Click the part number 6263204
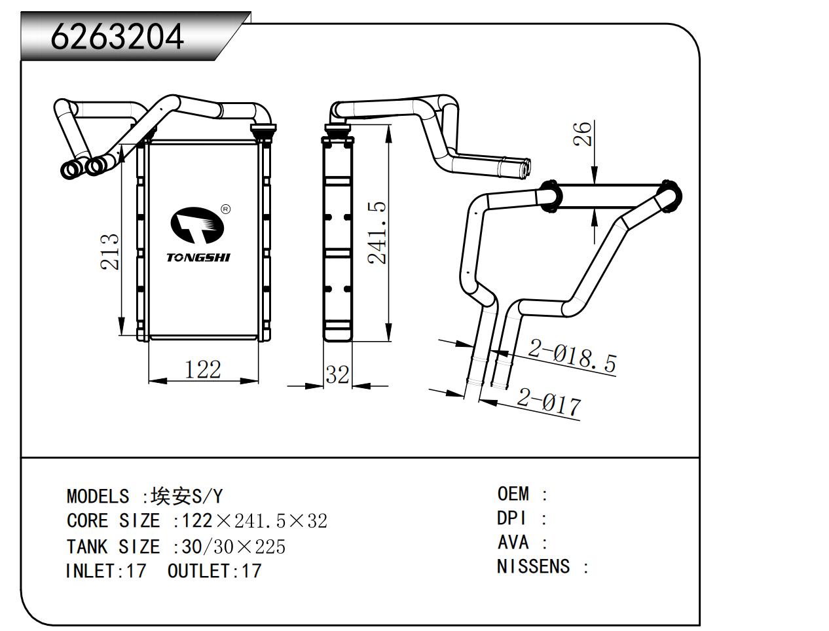[x=118, y=37]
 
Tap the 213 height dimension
[x=111, y=251]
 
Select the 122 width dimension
[x=202, y=370]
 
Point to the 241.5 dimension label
[x=378, y=232]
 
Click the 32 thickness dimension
[x=337, y=375]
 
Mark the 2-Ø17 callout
[x=549, y=401]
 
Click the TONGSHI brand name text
[x=198, y=257]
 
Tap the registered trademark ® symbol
[x=226, y=209]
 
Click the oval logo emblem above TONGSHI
[x=197, y=225]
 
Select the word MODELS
[x=98, y=496]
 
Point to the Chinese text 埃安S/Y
[x=186, y=496]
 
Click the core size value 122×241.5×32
[x=254, y=521]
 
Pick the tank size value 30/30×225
[x=234, y=547]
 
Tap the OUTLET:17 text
[x=214, y=571]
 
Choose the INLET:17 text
[x=106, y=571]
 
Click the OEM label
[x=513, y=494]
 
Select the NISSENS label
[x=533, y=566]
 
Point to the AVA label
[x=513, y=542]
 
